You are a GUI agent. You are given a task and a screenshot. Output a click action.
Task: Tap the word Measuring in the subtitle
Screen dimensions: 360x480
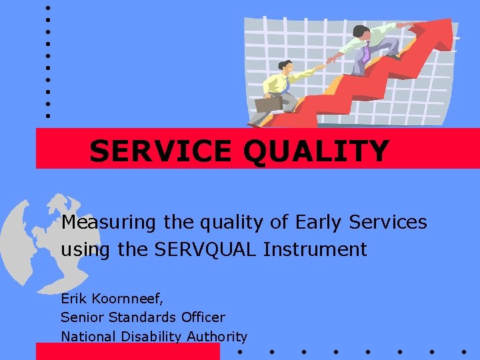pos(107,222)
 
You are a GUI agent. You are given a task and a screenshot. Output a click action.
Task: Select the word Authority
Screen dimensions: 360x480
pos(217,337)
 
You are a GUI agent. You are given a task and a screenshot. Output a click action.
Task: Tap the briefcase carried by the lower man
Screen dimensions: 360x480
pos(269,104)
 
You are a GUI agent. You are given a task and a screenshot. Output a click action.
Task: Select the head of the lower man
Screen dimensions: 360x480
pos(285,67)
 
